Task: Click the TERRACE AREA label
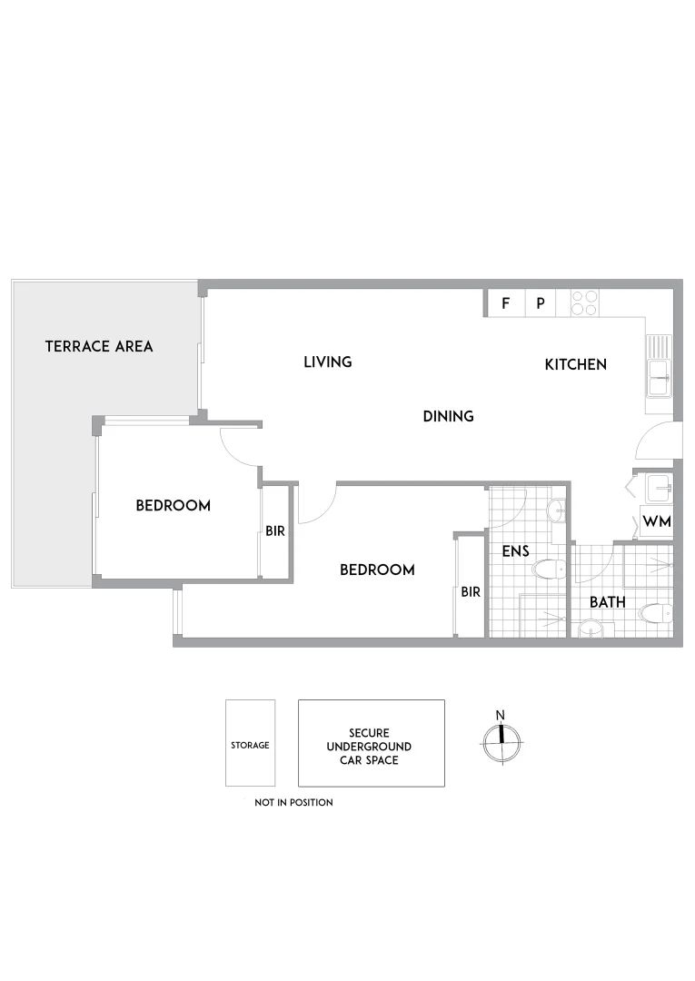point(99,346)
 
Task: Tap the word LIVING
point(327,362)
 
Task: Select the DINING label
point(449,416)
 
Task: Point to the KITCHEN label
point(575,364)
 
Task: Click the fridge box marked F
point(505,303)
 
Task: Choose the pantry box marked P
point(540,303)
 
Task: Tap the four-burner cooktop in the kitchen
point(583,302)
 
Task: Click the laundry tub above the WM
point(653,489)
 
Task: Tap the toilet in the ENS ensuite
point(549,570)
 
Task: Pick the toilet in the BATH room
point(653,613)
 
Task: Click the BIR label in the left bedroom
point(275,531)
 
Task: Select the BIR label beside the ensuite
point(470,591)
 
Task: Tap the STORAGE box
point(250,744)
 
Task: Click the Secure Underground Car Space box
point(372,743)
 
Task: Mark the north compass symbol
point(501,742)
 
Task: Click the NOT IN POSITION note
point(293,802)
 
